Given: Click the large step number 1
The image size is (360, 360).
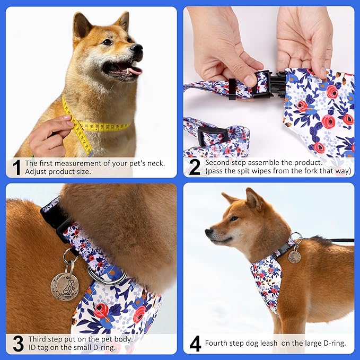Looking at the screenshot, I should tap(16, 168).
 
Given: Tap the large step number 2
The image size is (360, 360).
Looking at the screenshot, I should tap(195, 168).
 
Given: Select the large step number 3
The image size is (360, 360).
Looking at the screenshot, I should tap(17, 344).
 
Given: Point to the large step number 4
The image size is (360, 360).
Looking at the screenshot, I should tap(195, 344).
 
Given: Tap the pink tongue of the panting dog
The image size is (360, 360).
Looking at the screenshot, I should tap(134, 70).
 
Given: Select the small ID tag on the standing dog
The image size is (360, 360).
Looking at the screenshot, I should tap(294, 257).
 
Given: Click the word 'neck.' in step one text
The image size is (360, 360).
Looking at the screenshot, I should tap(154, 163).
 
